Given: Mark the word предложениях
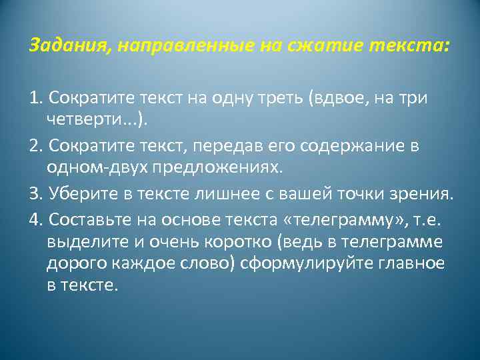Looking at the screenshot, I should pos(217,167).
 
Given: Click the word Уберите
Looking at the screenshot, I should pos(74,194).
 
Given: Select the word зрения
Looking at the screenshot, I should pos(424,194).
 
